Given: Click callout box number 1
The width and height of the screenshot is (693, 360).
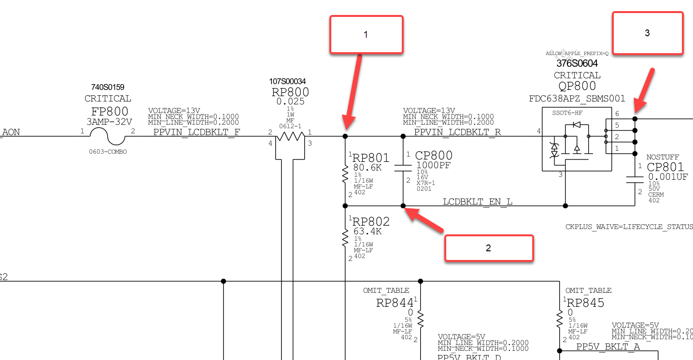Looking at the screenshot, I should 366,34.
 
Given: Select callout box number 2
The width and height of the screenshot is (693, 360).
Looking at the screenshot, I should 489,248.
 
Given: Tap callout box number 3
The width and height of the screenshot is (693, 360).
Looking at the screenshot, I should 648,33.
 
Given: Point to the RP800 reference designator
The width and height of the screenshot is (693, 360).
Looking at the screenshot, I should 290,92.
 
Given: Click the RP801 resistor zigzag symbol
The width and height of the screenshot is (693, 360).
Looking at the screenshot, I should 345,174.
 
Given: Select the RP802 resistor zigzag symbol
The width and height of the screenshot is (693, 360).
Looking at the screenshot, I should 345,238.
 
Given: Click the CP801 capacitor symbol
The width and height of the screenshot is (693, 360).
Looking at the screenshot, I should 635,179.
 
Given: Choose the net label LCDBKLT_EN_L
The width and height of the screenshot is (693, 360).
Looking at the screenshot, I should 478,202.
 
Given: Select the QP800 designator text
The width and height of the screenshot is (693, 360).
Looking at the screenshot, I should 577,86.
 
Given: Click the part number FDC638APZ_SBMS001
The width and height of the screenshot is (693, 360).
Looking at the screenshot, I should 577,99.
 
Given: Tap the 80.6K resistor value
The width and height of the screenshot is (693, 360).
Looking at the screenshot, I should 367,167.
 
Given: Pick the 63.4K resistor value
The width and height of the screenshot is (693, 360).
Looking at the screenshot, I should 367,231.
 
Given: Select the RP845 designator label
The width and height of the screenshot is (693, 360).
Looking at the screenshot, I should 585,303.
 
